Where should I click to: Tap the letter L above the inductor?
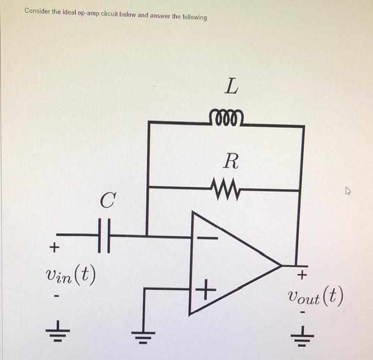tap(230, 86)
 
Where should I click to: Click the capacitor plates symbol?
tap(106, 234)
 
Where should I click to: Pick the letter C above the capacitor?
tap(108, 201)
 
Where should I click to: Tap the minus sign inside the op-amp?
tap(208, 238)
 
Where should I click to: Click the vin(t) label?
tap(71, 275)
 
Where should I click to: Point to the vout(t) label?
tap(314, 296)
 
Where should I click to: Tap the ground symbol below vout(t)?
tap(302, 334)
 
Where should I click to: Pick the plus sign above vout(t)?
tap(302, 275)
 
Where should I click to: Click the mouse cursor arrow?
tap(349, 190)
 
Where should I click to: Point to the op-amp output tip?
tap(281, 265)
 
